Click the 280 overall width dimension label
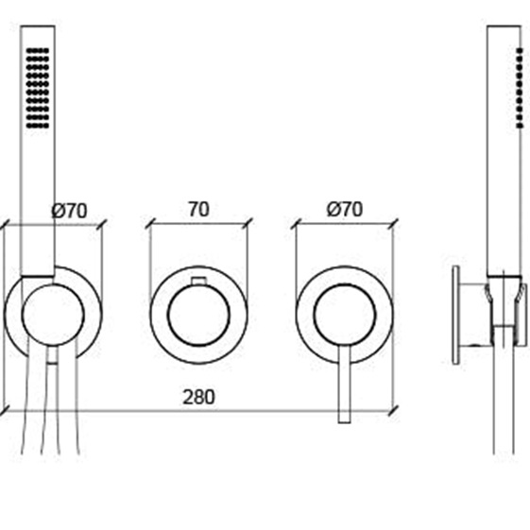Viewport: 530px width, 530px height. click(x=198, y=397)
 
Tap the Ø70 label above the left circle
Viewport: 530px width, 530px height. click(x=69, y=211)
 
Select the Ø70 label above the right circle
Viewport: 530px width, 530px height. click(x=345, y=209)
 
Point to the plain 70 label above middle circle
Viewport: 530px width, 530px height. click(x=198, y=209)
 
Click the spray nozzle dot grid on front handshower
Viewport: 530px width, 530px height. click(x=38, y=88)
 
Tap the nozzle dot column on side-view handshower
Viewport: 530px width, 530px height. click(x=520, y=88)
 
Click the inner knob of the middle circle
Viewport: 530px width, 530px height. click(x=198, y=315)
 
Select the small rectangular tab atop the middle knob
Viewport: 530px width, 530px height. click(x=198, y=281)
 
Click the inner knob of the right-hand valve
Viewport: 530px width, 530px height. click(x=345, y=315)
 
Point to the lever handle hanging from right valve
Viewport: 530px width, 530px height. click(x=345, y=385)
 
